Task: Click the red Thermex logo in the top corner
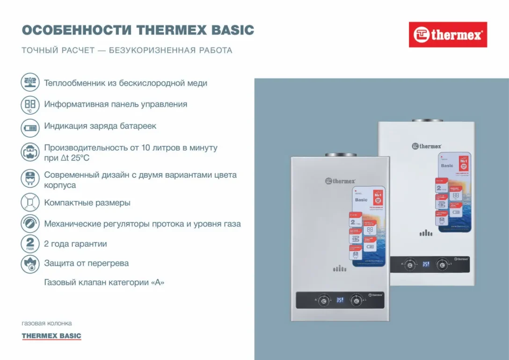[448, 35]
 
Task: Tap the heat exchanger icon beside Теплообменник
[30, 82]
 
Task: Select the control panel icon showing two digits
[30, 104]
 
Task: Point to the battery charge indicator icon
[30, 127]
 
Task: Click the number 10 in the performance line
[145, 148]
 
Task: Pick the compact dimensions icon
[30, 202]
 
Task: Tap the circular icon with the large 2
[30, 244]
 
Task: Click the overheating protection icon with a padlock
[30, 264]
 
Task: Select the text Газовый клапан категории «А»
[104, 282]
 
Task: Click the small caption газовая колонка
[47, 323]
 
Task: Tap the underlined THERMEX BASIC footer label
[51, 336]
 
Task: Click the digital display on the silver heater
[340, 300]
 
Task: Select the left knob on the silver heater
[322, 300]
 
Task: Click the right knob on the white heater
[442, 265]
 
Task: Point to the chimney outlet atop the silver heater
[340, 154]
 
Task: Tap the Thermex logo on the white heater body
[427, 146]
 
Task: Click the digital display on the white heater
[426, 264]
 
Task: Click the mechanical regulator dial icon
[30, 223]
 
